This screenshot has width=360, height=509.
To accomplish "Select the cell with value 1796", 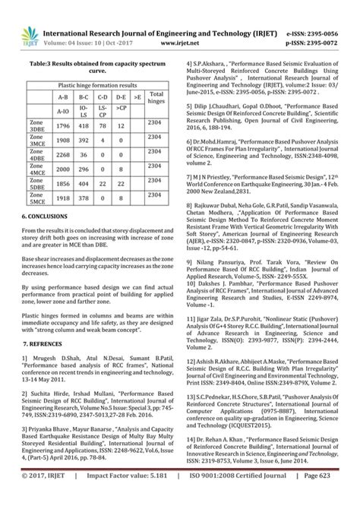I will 63,125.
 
